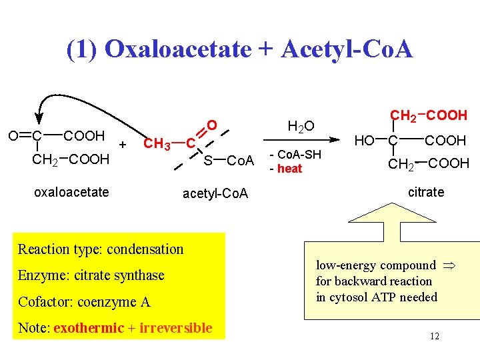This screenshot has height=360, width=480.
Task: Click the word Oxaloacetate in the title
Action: [x=178, y=49]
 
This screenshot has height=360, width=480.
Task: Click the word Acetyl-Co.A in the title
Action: [x=347, y=49]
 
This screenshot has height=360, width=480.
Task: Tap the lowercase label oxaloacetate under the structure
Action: [x=71, y=192]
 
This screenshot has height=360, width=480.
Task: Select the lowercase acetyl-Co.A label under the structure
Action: [x=215, y=193]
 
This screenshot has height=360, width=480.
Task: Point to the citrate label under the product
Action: [x=425, y=192]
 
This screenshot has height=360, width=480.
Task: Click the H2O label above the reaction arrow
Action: [x=300, y=125]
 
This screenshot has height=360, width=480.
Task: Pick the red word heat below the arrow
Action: [x=289, y=169]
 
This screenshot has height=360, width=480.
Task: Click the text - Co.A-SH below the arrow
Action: [x=295, y=155]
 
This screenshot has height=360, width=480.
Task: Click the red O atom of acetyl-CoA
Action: [x=211, y=125]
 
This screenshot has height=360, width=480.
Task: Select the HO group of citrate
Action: [x=364, y=141]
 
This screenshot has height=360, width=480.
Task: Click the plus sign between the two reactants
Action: [x=122, y=143]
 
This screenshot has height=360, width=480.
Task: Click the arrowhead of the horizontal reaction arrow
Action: [x=327, y=141]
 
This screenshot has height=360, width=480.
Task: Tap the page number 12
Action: [x=434, y=337]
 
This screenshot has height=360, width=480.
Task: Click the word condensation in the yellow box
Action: [x=145, y=249]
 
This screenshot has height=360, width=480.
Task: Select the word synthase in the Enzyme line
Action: [x=140, y=275]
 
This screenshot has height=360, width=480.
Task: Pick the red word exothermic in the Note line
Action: [x=89, y=328]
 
